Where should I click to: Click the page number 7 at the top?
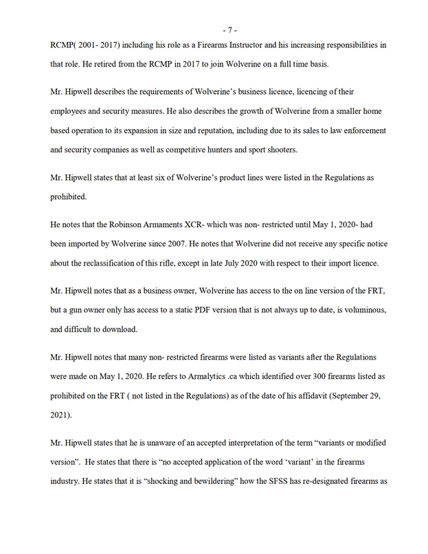[x=229, y=30]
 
